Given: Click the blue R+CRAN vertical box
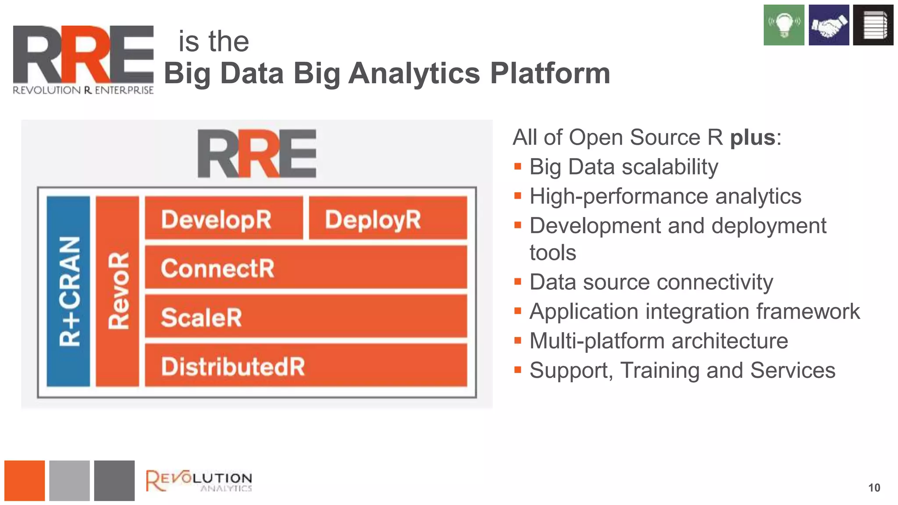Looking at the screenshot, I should (68, 291).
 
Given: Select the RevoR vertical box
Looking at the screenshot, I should (118, 291).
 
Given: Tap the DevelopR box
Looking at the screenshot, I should (224, 218).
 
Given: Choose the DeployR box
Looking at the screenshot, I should (388, 218).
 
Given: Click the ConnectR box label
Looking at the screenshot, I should (217, 268).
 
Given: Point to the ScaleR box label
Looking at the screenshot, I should (201, 317).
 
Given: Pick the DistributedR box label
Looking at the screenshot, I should (233, 366).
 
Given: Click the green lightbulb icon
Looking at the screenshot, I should (784, 25).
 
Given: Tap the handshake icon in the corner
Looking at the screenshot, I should (829, 25).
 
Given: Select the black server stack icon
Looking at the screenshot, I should (873, 25).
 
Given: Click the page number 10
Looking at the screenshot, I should (874, 488).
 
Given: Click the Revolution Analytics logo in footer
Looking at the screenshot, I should (199, 481).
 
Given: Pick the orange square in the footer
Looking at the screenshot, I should (25, 480).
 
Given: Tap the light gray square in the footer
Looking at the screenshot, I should (69, 480).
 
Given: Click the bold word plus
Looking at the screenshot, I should (752, 138).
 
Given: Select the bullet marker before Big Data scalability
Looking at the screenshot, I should (518, 167).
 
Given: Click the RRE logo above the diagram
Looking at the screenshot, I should (257, 153).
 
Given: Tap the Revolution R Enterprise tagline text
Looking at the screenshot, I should (83, 90).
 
